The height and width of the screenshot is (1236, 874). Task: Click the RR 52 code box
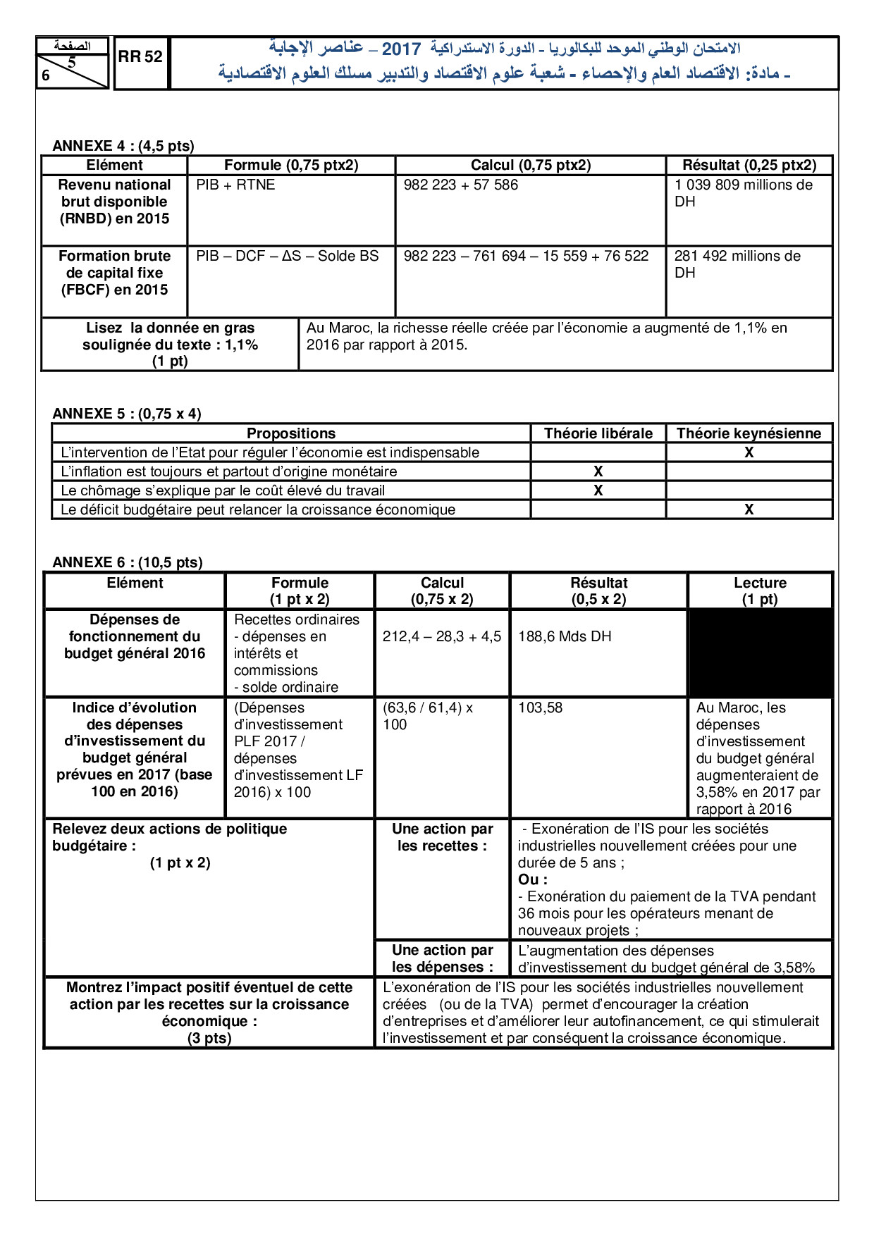coord(140,57)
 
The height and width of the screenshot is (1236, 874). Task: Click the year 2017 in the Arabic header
coord(401,49)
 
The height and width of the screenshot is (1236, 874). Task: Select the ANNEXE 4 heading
coord(123,146)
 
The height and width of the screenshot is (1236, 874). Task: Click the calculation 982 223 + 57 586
coord(460,185)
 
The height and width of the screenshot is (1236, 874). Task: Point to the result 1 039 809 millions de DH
coord(743,192)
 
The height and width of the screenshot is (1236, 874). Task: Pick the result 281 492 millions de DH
coord(737,264)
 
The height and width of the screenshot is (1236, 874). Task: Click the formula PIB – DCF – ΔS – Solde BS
coord(287,256)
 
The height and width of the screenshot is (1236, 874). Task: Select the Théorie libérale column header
coord(598,433)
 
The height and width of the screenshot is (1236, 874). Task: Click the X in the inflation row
coord(598,471)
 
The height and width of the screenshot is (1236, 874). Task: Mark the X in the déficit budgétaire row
coord(749,509)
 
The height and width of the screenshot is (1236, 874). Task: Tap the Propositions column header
coord(290,433)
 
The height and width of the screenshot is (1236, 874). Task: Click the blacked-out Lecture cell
coord(760,653)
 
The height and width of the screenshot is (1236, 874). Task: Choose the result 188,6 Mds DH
coord(565,636)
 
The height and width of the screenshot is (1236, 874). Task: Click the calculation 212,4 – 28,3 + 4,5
coord(442,636)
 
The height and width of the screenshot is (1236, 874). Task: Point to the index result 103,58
coord(540,707)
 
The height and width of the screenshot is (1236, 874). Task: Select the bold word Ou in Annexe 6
coord(529,879)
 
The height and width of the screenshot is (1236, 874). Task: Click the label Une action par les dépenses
coord(442,958)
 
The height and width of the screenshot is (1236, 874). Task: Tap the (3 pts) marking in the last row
coord(209,1038)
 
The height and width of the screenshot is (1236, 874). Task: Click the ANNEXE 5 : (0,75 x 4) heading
coord(127,414)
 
